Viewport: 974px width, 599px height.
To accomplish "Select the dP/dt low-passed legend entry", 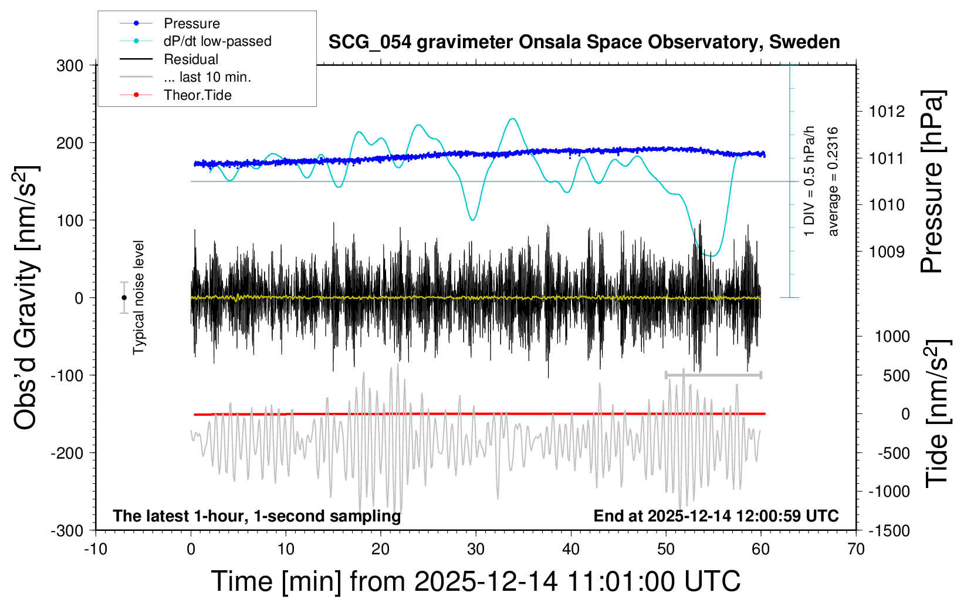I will click(x=217, y=41).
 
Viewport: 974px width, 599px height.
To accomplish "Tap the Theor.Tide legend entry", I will click(x=197, y=95).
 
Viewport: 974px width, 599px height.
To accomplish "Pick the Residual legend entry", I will click(x=191, y=59).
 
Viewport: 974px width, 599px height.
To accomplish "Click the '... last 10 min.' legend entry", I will click(x=207, y=77).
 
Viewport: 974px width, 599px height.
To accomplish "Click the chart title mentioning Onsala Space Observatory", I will click(x=584, y=42).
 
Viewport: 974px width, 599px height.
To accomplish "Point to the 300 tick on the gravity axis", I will click(x=70, y=66).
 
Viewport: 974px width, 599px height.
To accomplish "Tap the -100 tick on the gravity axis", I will click(x=67, y=375).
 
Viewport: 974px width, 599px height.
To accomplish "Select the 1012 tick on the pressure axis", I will click(x=887, y=112).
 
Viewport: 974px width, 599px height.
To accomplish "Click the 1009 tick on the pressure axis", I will click(x=887, y=252).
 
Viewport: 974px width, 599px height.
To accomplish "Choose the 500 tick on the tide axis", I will click(x=896, y=376).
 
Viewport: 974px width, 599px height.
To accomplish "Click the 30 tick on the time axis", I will click(x=476, y=549).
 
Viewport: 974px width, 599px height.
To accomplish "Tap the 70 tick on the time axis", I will click(x=856, y=549).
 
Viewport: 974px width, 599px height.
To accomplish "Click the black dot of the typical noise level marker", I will click(x=124, y=298).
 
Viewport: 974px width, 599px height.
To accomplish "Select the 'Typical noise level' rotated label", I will click(x=138, y=298).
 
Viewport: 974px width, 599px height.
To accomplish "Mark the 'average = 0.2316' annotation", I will click(x=833, y=182).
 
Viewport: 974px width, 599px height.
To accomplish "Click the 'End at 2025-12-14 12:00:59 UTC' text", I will click(x=716, y=516).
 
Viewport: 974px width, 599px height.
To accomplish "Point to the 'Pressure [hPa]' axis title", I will click(x=932, y=182).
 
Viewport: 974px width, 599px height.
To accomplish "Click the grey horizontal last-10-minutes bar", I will click(x=713, y=375).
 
